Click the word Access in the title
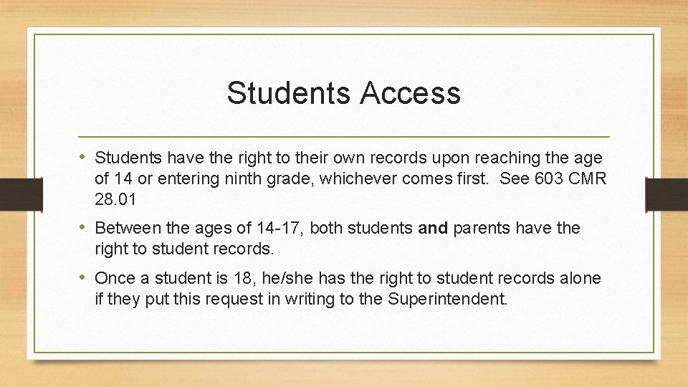[x=411, y=93]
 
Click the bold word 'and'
[x=432, y=229]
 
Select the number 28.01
[x=115, y=198]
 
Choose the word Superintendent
[x=447, y=298]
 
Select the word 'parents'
[x=479, y=229]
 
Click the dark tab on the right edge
[x=666, y=193]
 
